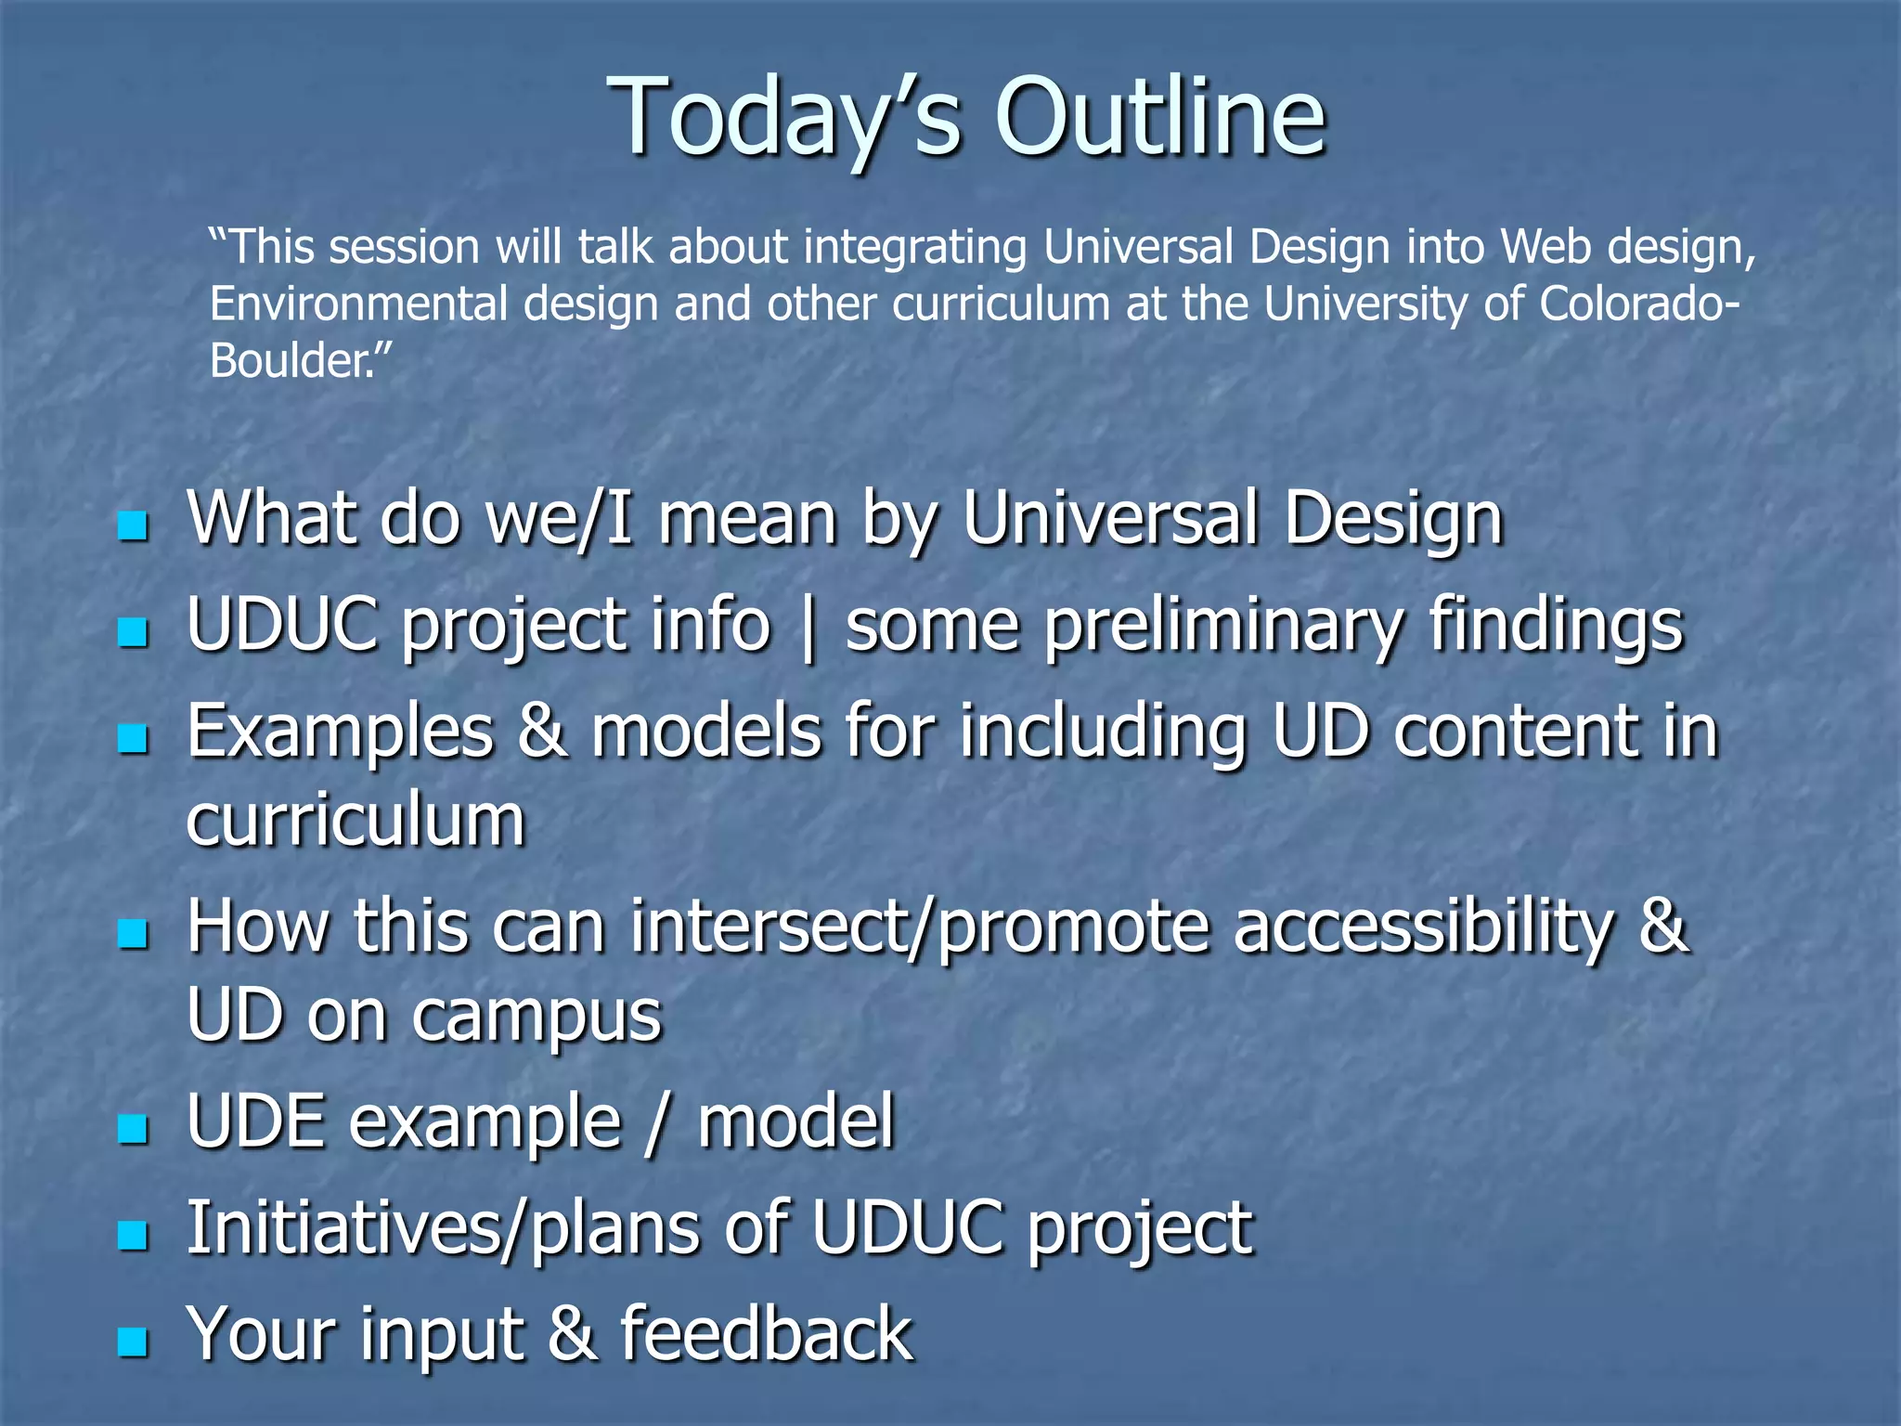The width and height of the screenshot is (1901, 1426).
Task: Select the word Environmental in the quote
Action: [x=358, y=305]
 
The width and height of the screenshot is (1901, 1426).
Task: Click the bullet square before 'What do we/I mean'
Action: [x=134, y=526]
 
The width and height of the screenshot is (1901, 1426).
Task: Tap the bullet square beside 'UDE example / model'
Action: [x=134, y=1129]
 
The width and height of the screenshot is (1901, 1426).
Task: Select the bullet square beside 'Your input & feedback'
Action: [x=134, y=1342]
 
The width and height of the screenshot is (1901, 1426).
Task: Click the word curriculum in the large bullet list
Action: [x=356, y=821]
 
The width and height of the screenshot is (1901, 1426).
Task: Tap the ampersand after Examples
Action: [x=542, y=732]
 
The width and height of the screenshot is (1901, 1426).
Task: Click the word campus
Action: [x=537, y=1017]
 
